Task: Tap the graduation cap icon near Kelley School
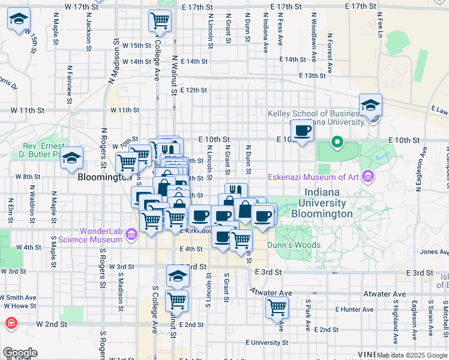(370, 105)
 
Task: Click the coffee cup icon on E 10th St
(303, 130)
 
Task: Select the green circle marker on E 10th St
(337, 143)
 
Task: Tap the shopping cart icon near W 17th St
(160, 20)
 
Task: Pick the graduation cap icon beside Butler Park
(72, 158)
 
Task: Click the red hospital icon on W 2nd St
(11, 324)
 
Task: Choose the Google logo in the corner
(20, 353)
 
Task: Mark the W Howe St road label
(16, 306)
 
